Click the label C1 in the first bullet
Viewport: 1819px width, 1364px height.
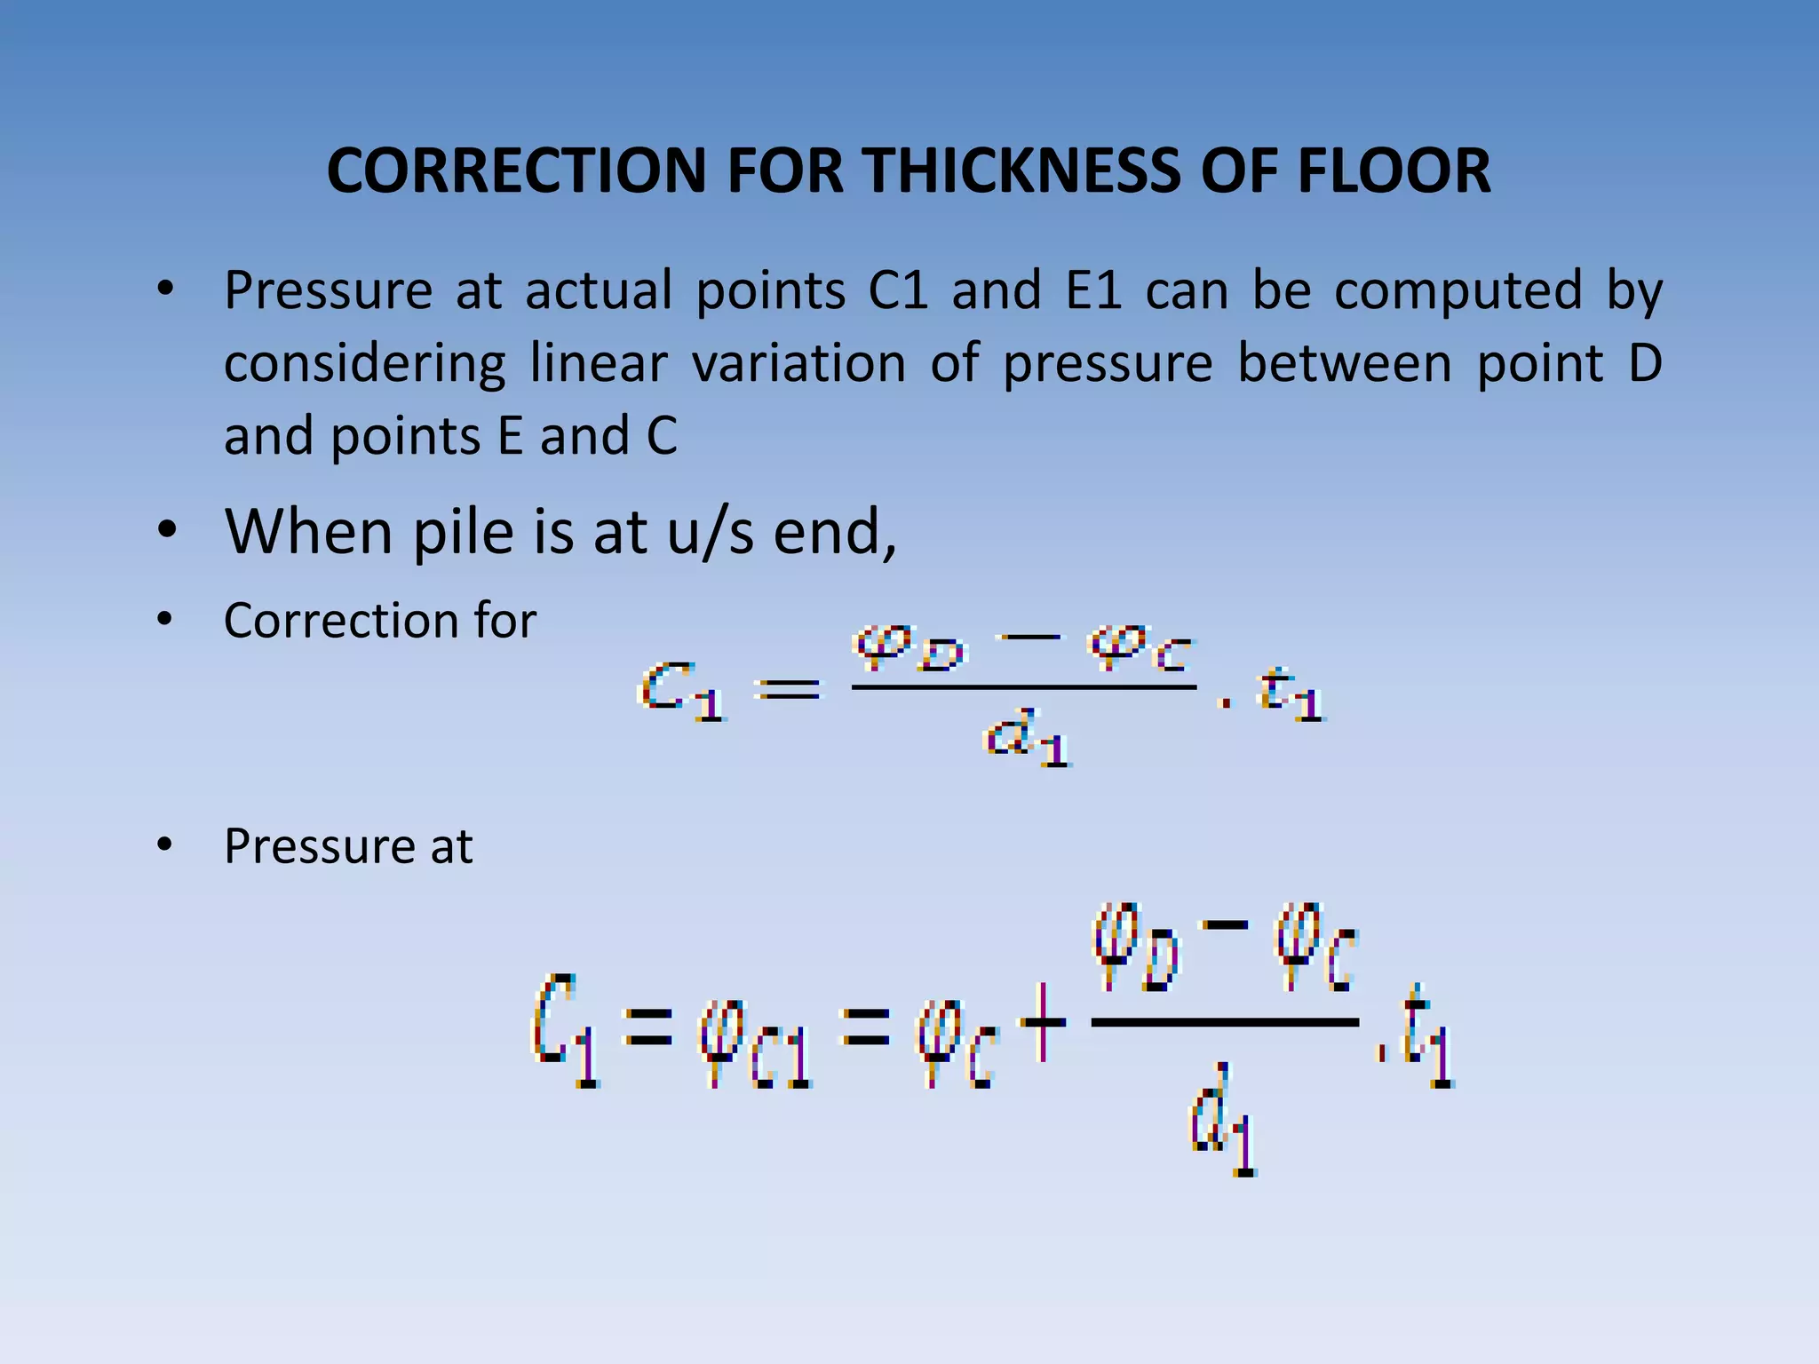898,290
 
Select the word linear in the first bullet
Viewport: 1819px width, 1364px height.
598,363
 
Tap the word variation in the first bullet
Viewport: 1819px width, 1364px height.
798,363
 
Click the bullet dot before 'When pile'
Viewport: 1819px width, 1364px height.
165,531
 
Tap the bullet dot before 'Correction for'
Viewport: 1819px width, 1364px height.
165,620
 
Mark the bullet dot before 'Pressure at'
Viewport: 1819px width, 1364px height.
165,845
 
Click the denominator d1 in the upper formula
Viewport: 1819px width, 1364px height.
1026,738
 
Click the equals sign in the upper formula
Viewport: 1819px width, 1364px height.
790,689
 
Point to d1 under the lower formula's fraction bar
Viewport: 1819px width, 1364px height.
1224,1121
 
